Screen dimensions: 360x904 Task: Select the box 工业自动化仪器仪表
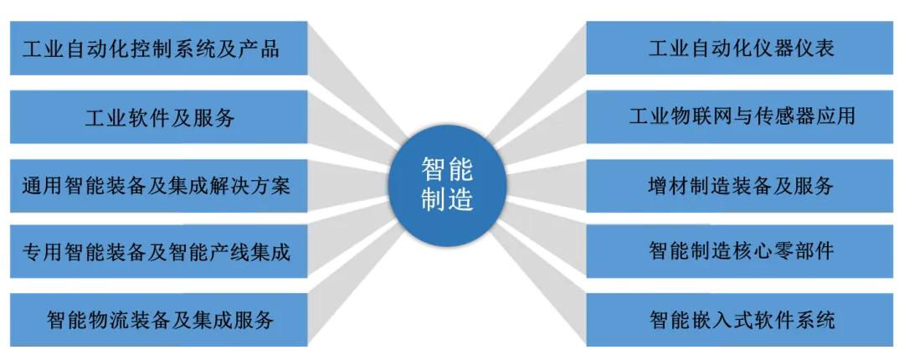point(741,48)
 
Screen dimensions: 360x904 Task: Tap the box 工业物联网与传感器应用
point(741,116)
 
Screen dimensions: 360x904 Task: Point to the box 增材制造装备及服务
point(741,184)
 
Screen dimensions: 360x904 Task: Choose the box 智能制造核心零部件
point(741,251)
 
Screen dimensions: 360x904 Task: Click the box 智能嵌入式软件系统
point(741,319)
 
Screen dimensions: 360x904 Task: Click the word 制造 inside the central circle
point(447,201)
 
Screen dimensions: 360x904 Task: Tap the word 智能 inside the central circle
point(447,171)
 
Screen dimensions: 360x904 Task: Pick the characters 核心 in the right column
point(761,251)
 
